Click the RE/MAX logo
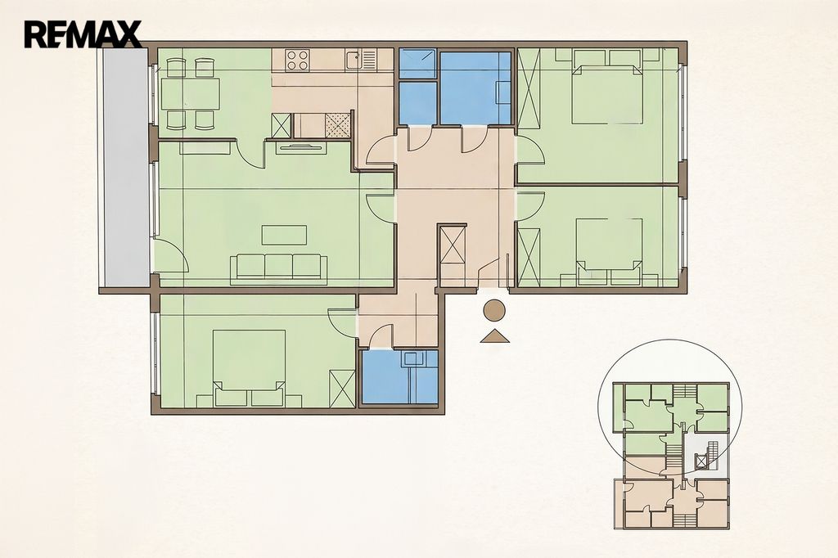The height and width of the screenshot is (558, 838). tap(83, 34)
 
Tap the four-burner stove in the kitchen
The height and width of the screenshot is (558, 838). tap(298, 60)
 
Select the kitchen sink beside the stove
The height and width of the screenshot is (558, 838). tap(361, 60)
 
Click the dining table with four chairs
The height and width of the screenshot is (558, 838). tap(190, 93)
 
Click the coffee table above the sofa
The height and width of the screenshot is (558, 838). tap(284, 235)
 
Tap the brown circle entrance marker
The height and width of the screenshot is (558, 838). tap(494, 311)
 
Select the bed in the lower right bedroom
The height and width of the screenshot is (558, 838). tap(609, 251)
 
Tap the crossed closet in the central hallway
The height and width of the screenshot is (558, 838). tap(453, 244)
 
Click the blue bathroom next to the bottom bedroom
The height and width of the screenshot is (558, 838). tap(399, 376)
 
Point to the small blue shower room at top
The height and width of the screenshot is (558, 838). tap(417, 64)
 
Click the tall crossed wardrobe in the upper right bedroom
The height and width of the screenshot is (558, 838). tap(529, 88)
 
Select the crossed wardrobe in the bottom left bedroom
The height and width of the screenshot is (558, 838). tap(343, 389)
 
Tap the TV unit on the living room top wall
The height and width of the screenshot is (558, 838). tap(300, 148)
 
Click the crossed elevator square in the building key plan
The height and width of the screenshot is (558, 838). tap(701, 460)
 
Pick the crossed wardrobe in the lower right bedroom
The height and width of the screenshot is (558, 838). tap(529, 258)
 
